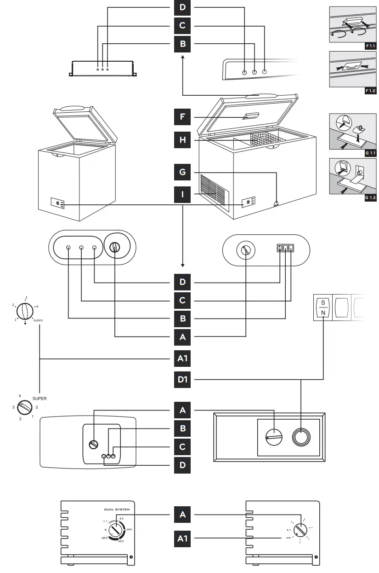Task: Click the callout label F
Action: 183,117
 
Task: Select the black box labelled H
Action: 183,140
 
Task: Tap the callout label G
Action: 183,173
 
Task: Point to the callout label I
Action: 183,195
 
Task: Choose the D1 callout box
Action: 183,380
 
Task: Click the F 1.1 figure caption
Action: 370,46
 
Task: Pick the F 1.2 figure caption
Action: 370,91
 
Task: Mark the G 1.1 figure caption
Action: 370,152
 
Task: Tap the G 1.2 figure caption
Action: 370,197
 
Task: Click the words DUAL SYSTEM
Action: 116,509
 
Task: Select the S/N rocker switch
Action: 323,307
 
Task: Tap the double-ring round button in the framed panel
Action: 301,437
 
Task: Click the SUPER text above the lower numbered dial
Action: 40,399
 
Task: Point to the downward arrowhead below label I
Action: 183,265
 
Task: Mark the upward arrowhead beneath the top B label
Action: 183,57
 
